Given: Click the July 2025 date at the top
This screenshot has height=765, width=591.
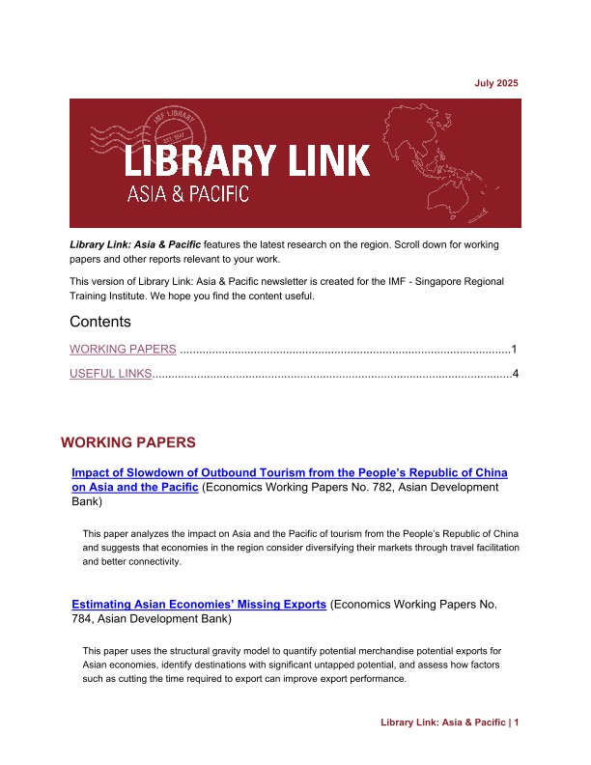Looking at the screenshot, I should click(496, 84).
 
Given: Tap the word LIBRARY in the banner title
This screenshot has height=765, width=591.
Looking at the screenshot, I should click(194, 159).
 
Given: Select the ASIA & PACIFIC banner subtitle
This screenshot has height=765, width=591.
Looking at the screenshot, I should click(188, 194).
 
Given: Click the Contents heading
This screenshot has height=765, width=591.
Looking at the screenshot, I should click(100, 321).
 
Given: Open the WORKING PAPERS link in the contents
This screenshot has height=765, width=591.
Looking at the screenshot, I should click(123, 349).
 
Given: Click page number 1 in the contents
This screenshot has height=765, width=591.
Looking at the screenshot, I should click(516, 349).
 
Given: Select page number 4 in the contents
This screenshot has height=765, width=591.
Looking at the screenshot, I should click(516, 374).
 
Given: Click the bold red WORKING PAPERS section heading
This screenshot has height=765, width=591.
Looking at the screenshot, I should click(128, 442).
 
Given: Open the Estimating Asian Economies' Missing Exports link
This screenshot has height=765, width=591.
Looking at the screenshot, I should click(199, 605).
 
